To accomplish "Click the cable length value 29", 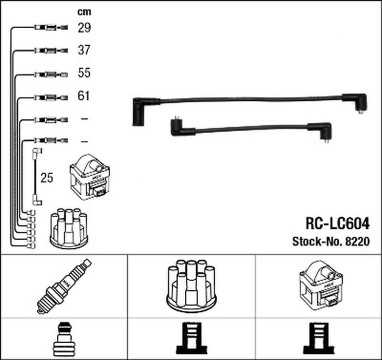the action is [x=85, y=28].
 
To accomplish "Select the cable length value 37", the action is [x=84, y=50].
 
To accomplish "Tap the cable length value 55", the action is [x=84, y=73].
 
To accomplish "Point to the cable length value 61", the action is [x=84, y=95].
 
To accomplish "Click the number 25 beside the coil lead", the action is [x=47, y=178].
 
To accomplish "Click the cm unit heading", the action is [x=85, y=11].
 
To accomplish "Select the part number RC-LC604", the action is [x=338, y=223].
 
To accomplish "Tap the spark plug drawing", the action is [x=64, y=286].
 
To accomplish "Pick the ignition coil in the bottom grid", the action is [x=321, y=286].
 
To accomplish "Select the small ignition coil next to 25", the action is [x=90, y=177].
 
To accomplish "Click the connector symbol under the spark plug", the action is [x=64, y=339].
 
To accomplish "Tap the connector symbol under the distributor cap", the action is [x=192, y=338].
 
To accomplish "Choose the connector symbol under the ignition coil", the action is [x=318, y=338].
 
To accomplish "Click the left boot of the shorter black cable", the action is [x=183, y=127].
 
